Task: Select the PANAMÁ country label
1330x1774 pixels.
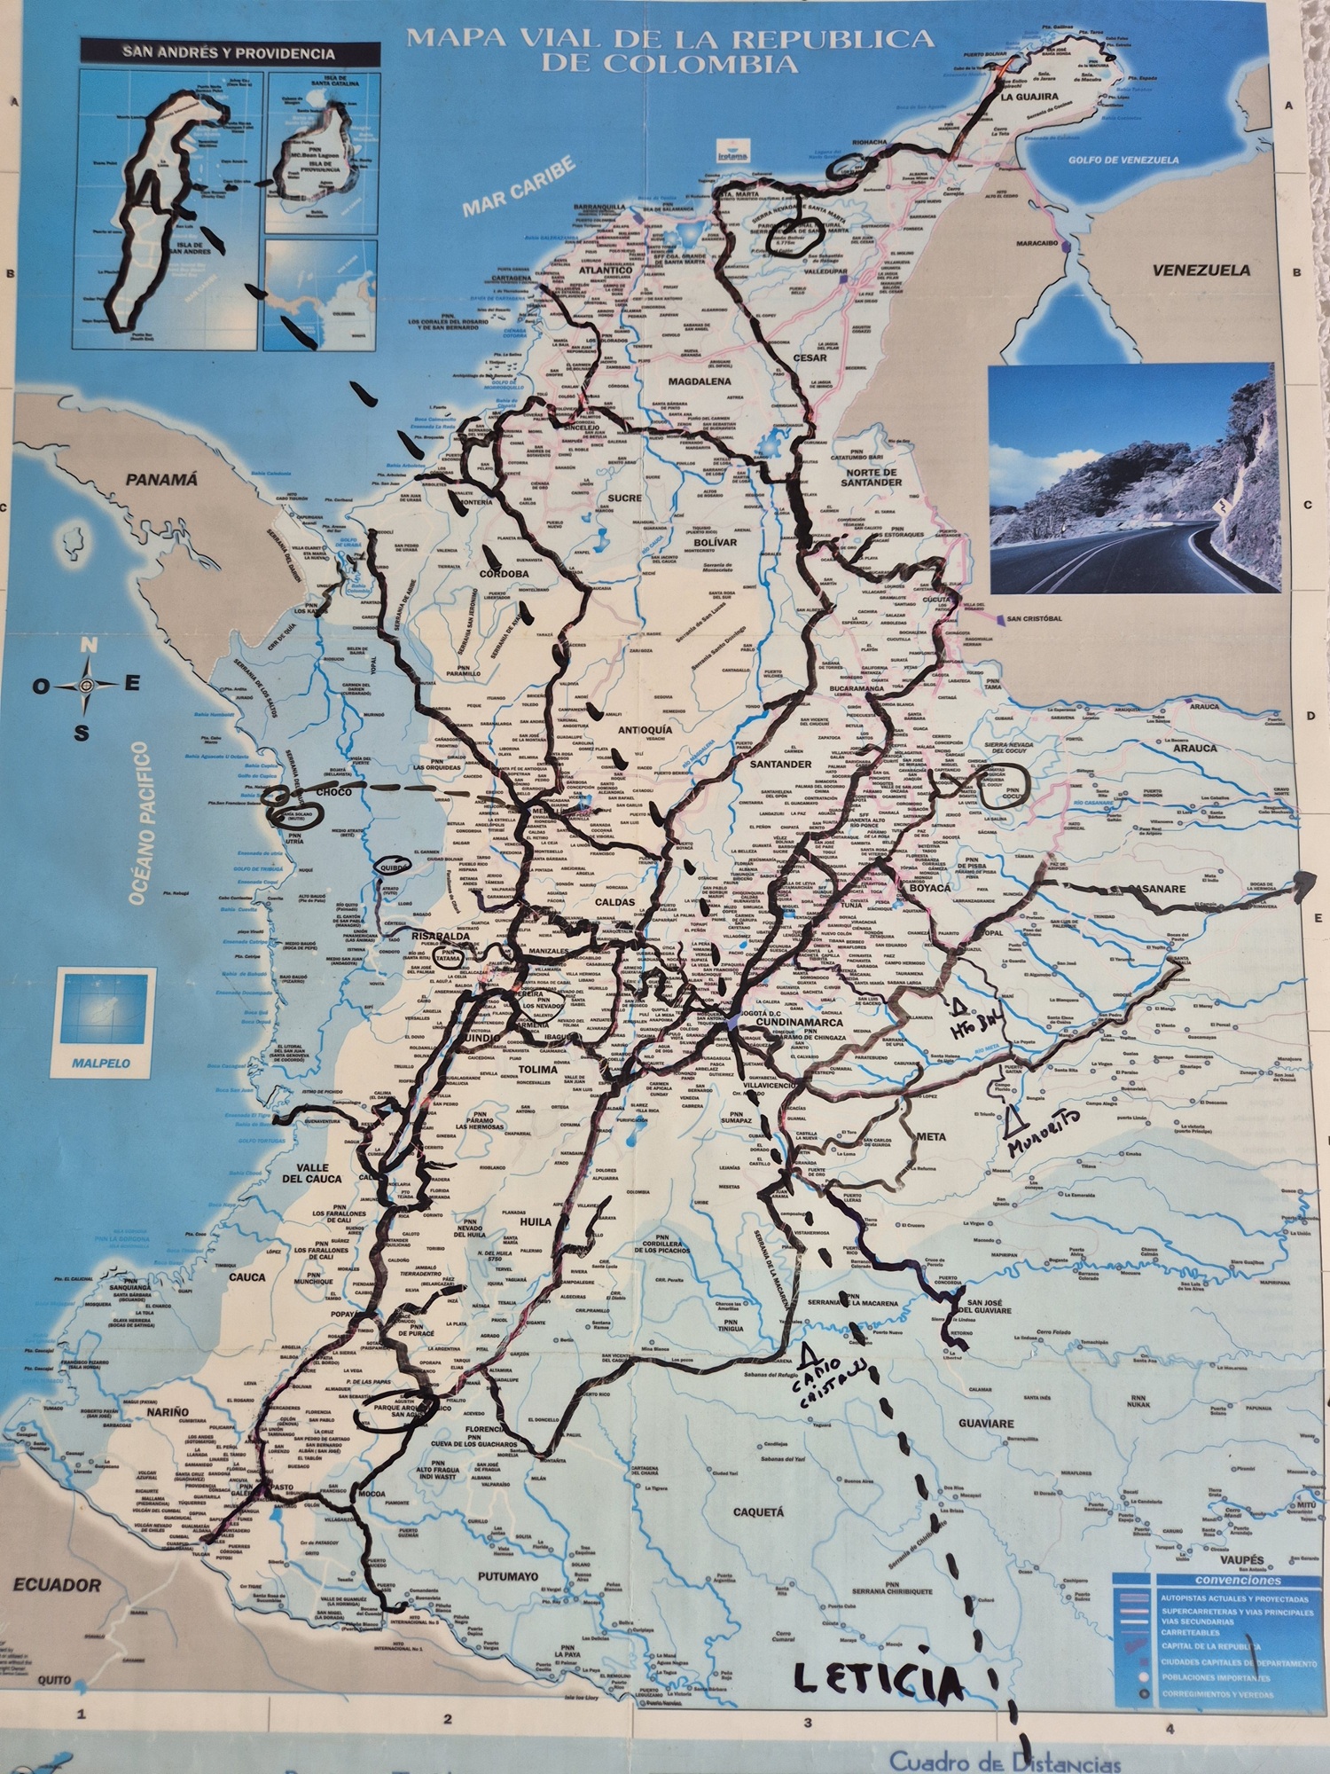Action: (x=161, y=480)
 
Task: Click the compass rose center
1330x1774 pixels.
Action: (x=87, y=685)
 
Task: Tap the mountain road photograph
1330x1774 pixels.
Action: (x=1134, y=478)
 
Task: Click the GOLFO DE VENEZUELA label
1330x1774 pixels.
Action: (x=1123, y=161)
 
